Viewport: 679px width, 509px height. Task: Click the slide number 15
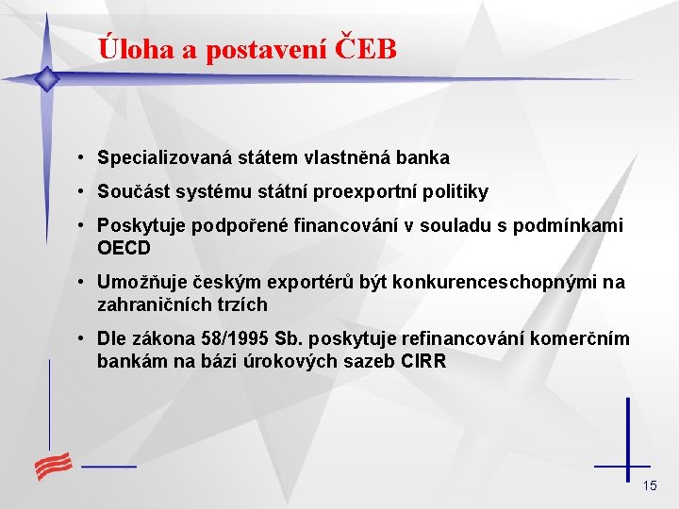coord(649,485)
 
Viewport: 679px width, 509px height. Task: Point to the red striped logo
coord(55,465)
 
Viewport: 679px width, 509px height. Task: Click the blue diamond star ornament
coord(45,79)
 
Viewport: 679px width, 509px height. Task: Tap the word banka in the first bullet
coord(424,158)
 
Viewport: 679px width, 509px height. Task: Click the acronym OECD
coord(124,248)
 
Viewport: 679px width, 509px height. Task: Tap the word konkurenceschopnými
coord(497,283)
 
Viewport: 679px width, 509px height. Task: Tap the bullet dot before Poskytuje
coord(85,226)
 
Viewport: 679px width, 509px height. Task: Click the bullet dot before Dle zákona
coord(85,339)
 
